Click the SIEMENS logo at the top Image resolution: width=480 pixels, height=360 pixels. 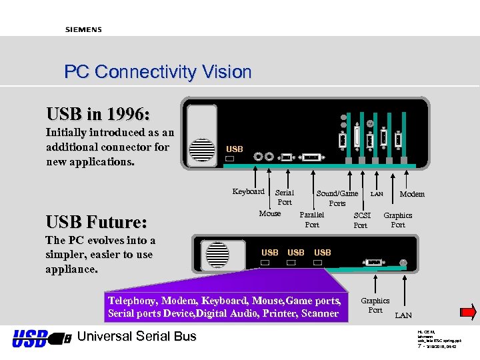(83, 29)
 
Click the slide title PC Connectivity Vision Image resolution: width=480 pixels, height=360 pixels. (157, 72)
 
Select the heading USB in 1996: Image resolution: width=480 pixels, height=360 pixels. (98, 114)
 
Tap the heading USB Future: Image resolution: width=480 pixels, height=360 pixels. (96, 221)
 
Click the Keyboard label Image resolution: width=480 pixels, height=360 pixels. (248, 191)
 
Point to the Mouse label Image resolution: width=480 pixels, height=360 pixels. (270, 213)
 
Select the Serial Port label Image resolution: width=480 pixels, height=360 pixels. (285, 197)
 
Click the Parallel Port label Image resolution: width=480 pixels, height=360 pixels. (312, 220)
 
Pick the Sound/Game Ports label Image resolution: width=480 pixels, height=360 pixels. (337, 198)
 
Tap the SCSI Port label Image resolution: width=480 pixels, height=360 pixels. (361, 221)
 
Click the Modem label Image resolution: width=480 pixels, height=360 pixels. (411, 194)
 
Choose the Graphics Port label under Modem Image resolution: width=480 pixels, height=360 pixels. (397, 220)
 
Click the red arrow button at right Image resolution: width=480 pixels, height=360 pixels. (468, 311)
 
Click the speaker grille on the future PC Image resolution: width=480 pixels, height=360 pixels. (217, 255)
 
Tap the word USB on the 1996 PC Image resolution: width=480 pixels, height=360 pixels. (235, 149)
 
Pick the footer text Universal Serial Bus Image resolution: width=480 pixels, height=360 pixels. (137, 337)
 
